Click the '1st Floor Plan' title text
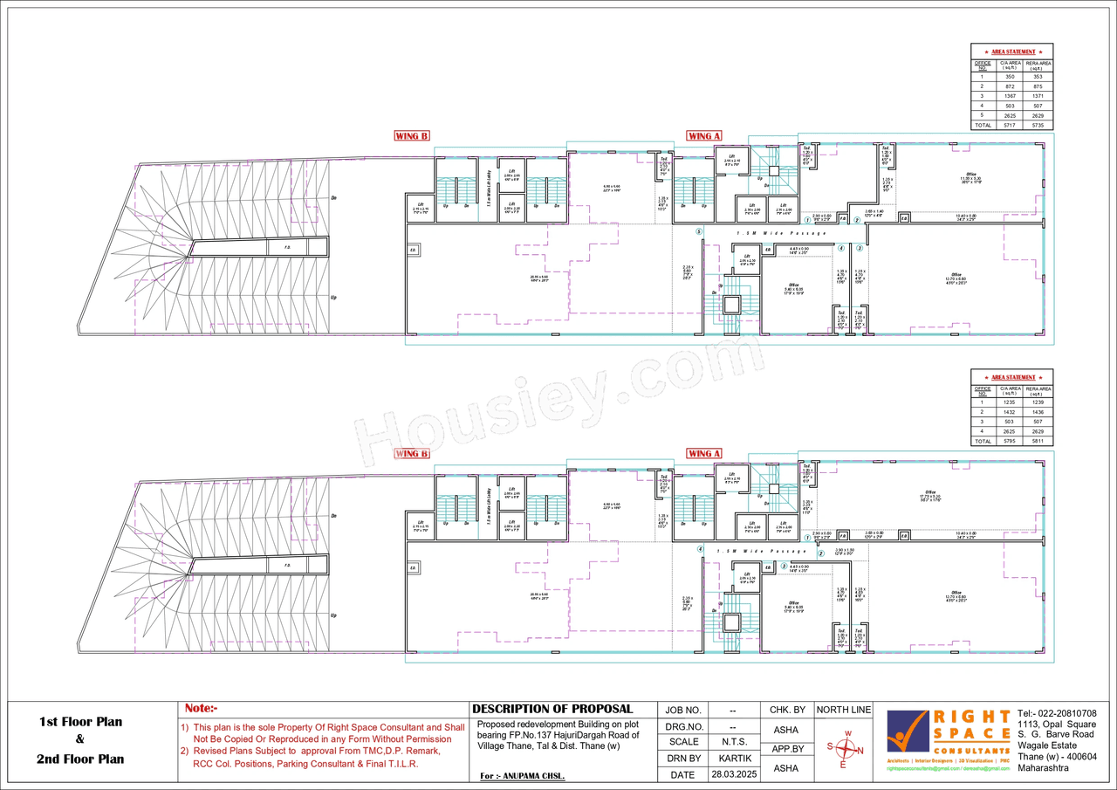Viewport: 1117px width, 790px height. [80, 722]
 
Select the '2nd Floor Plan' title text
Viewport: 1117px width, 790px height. [80, 759]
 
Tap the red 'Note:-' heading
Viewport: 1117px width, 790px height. [201, 708]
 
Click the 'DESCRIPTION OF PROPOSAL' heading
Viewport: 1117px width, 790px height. [552, 709]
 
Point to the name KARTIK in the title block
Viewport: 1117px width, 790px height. [732, 759]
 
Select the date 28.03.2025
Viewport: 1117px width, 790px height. [732, 774]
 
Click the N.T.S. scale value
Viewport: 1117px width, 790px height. [732, 742]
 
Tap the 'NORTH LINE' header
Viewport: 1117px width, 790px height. [844, 710]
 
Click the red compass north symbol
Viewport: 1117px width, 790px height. [844, 749]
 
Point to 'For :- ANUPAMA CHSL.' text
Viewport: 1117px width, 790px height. [522, 776]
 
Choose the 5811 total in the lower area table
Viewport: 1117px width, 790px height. [1038, 441]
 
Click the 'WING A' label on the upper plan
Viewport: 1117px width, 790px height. [704, 136]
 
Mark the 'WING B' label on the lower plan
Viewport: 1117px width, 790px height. [412, 454]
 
